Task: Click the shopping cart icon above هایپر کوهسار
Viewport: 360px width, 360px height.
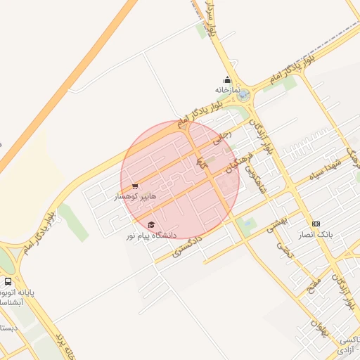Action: click(x=134, y=186)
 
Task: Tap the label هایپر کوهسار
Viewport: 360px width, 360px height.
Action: click(x=136, y=198)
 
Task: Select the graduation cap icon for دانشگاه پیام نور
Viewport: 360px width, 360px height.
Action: click(x=151, y=224)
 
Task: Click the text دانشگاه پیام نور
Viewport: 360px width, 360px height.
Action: click(x=152, y=235)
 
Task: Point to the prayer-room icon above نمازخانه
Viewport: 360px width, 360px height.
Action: click(x=227, y=80)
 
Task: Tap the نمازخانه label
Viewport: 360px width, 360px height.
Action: click(x=228, y=91)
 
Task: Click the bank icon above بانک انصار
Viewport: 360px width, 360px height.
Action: click(x=315, y=223)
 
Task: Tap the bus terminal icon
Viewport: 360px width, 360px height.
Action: click(x=8, y=281)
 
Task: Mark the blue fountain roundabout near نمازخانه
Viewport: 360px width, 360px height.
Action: click(x=243, y=95)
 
